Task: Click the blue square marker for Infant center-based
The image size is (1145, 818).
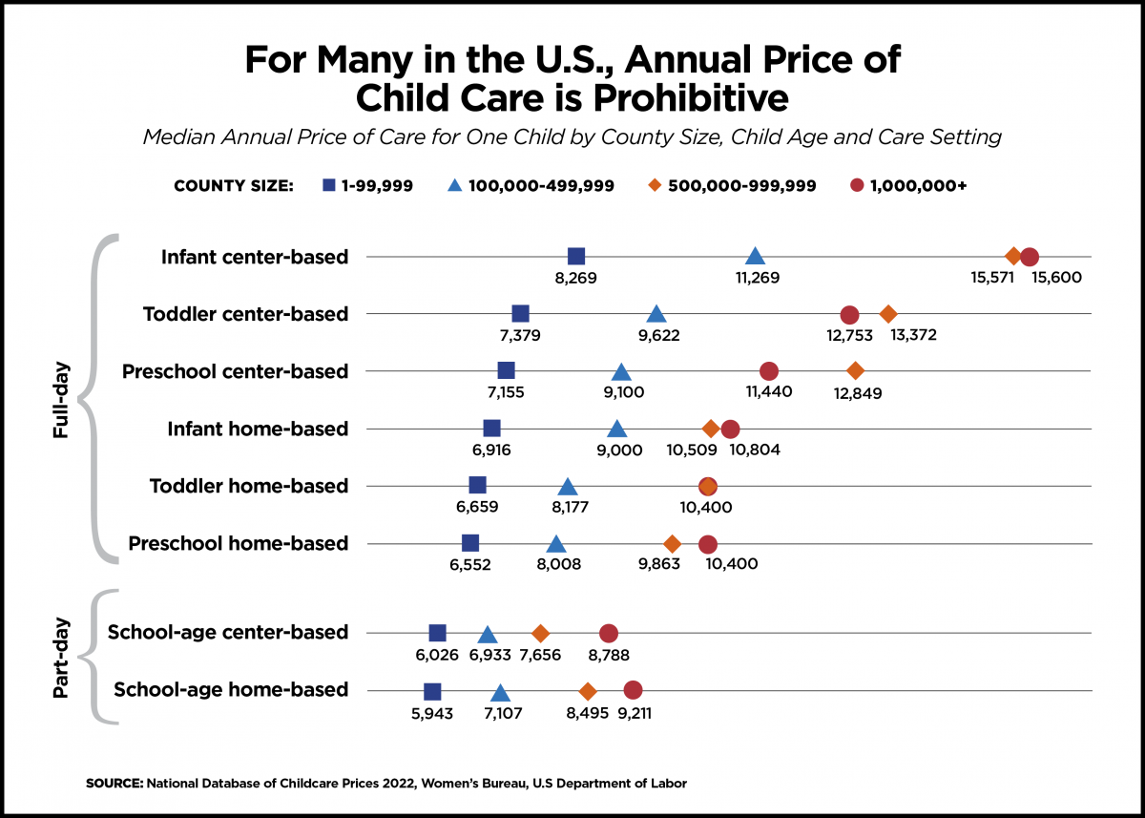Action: [576, 256]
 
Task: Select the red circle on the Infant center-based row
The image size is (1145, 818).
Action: [1029, 257]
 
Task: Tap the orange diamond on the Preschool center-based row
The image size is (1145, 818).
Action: [855, 370]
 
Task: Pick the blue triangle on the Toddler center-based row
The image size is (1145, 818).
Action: [656, 315]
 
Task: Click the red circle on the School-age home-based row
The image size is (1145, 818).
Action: [633, 690]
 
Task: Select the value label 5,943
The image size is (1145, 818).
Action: [432, 712]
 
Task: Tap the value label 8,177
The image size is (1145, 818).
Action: [566, 507]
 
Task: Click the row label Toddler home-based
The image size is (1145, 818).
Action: [248, 486]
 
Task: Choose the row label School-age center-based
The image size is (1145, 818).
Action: [227, 632]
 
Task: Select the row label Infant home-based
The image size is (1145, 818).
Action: [258, 429]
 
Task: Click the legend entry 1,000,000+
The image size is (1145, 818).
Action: [917, 186]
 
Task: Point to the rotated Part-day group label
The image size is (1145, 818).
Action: [60, 658]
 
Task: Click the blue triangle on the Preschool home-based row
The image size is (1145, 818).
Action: [556, 544]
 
